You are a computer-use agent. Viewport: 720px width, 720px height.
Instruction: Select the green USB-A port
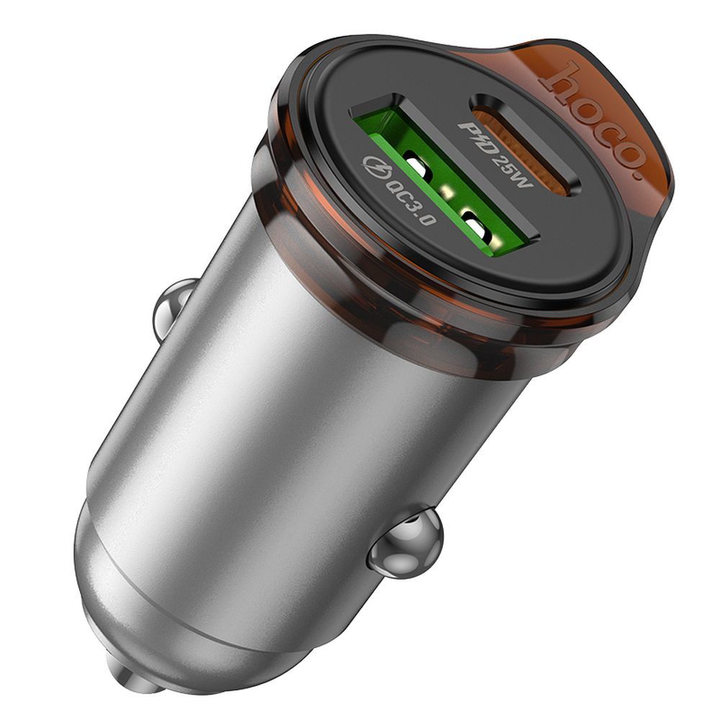446,191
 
